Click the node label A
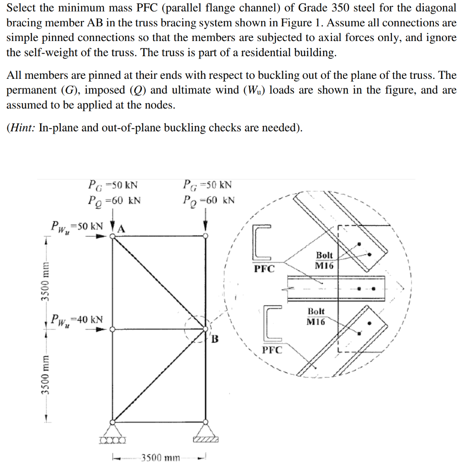pos(122,228)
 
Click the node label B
pos(215,341)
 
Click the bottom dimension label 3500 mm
pos(157,457)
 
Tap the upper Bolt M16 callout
pos(324,260)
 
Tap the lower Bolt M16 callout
pos(316,317)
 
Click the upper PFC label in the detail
pos(264,269)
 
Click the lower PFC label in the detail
pos(272,350)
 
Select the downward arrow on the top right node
pos(205,226)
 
